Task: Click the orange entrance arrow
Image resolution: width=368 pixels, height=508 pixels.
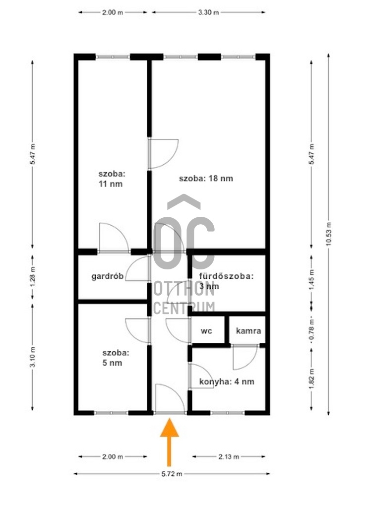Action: [169, 442]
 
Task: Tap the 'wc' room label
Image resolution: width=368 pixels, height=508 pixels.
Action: [206, 331]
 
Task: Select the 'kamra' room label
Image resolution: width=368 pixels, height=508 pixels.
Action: [248, 331]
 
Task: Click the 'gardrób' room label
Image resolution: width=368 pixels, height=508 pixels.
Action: [108, 277]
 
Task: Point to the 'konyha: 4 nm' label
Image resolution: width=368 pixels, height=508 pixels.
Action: [227, 381]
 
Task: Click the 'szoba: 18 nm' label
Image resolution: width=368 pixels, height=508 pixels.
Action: [206, 179]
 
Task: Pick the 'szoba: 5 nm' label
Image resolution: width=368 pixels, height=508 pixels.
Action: [116, 358]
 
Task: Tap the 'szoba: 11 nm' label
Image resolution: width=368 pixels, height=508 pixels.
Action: [112, 179]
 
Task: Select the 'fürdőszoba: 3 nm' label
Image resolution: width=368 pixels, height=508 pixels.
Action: [226, 281]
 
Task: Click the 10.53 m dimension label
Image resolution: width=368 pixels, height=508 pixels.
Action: [329, 234]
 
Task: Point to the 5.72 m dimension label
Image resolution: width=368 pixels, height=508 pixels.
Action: [172, 474]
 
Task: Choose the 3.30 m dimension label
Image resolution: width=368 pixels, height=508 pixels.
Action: [209, 12]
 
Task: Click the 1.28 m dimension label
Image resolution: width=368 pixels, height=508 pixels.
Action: [33, 277]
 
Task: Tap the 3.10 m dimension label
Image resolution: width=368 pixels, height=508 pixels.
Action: [33, 357]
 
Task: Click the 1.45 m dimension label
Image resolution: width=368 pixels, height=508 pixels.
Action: [311, 279]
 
